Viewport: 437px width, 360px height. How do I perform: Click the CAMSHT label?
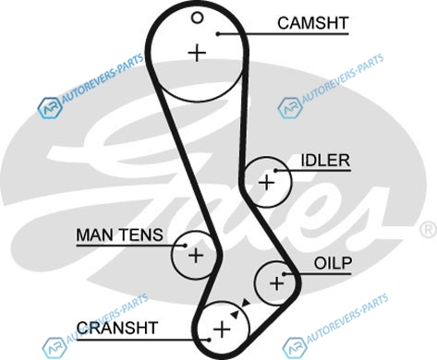pos(313,23)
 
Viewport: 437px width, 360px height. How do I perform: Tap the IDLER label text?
pos(325,161)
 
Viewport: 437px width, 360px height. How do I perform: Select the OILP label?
pos(333,263)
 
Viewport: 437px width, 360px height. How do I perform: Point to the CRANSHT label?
pos(117,328)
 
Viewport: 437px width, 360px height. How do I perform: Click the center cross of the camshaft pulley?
pos(197,54)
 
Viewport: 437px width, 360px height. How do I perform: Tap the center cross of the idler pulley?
pos(267,183)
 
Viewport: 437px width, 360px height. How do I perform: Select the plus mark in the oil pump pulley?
pos(276,283)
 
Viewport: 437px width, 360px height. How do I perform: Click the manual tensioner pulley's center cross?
pos(196,255)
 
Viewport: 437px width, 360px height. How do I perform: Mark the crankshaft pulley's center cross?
pos(222,330)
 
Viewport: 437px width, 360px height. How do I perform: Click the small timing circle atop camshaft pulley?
pos(197,18)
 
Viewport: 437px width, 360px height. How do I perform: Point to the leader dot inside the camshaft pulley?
pos(218,34)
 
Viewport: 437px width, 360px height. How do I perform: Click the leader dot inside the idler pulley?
pos(276,170)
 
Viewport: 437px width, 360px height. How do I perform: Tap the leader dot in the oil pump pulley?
pos(285,274)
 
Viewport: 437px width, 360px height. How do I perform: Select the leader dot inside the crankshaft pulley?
pos(209,340)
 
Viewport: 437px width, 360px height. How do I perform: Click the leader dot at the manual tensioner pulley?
pos(185,246)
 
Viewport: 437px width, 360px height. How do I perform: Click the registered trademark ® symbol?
pos(429,230)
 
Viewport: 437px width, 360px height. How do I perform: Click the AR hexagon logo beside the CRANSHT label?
pos(55,347)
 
